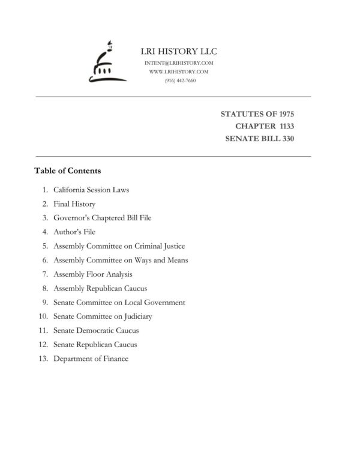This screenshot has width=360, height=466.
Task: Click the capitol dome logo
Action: click(x=103, y=62)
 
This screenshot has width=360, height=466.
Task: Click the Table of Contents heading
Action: click(x=67, y=171)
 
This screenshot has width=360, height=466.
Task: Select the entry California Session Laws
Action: click(x=91, y=190)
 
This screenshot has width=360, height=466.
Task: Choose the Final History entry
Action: click(x=74, y=204)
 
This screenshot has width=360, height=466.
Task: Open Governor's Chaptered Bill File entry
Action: click(x=102, y=218)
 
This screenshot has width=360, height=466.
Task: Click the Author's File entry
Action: click(x=74, y=232)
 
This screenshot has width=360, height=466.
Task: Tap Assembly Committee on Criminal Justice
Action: click(x=119, y=246)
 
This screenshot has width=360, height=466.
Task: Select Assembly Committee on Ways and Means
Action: click(x=121, y=260)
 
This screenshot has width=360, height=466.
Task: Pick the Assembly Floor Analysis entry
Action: click(x=93, y=274)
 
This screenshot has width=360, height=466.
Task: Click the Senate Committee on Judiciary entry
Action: click(x=103, y=316)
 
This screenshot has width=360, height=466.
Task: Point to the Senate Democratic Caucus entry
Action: click(x=96, y=330)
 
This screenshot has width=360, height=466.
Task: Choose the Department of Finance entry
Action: click(x=91, y=359)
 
